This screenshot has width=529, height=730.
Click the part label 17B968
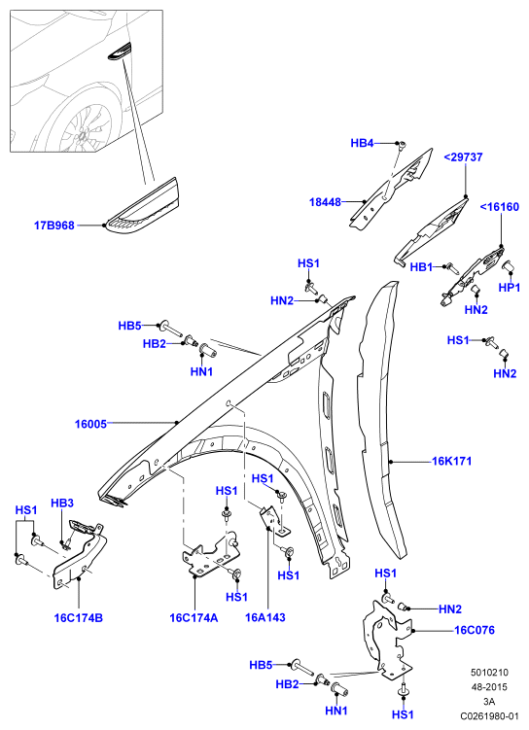tap(54, 226)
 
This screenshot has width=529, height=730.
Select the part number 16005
tap(90, 424)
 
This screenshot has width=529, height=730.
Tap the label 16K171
tap(452, 461)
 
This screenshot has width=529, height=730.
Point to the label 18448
tap(325, 202)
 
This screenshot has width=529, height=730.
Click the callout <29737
tap(463, 156)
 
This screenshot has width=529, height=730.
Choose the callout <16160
tap(499, 207)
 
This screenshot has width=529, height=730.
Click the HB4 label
tap(362, 143)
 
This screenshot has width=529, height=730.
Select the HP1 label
tap(509, 288)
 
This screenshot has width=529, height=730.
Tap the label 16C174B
tap(78, 618)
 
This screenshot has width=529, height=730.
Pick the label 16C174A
tap(194, 618)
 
